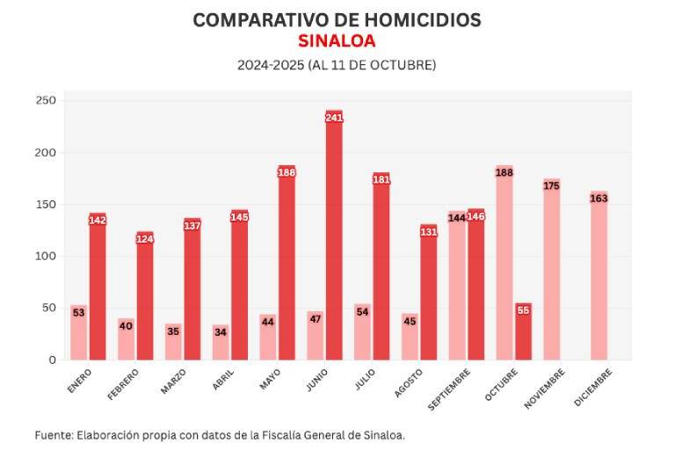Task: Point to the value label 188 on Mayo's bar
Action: click(x=287, y=173)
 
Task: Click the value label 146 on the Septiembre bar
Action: click(x=475, y=216)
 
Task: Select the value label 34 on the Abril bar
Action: click(x=221, y=331)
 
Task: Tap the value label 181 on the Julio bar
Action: click(x=381, y=180)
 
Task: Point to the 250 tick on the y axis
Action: click(x=46, y=101)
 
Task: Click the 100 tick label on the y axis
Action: click(x=46, y=257)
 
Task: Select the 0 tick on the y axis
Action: click(x=52, y=360)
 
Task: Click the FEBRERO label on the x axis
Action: click(x=124, y=384)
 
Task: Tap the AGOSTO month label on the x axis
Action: click(x=410, y=382)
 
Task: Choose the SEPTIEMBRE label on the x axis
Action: click(x=450, y=388)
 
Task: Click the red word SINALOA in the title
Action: click(x=337, y=41)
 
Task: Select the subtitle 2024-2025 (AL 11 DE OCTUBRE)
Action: click(x=337, y=66)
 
